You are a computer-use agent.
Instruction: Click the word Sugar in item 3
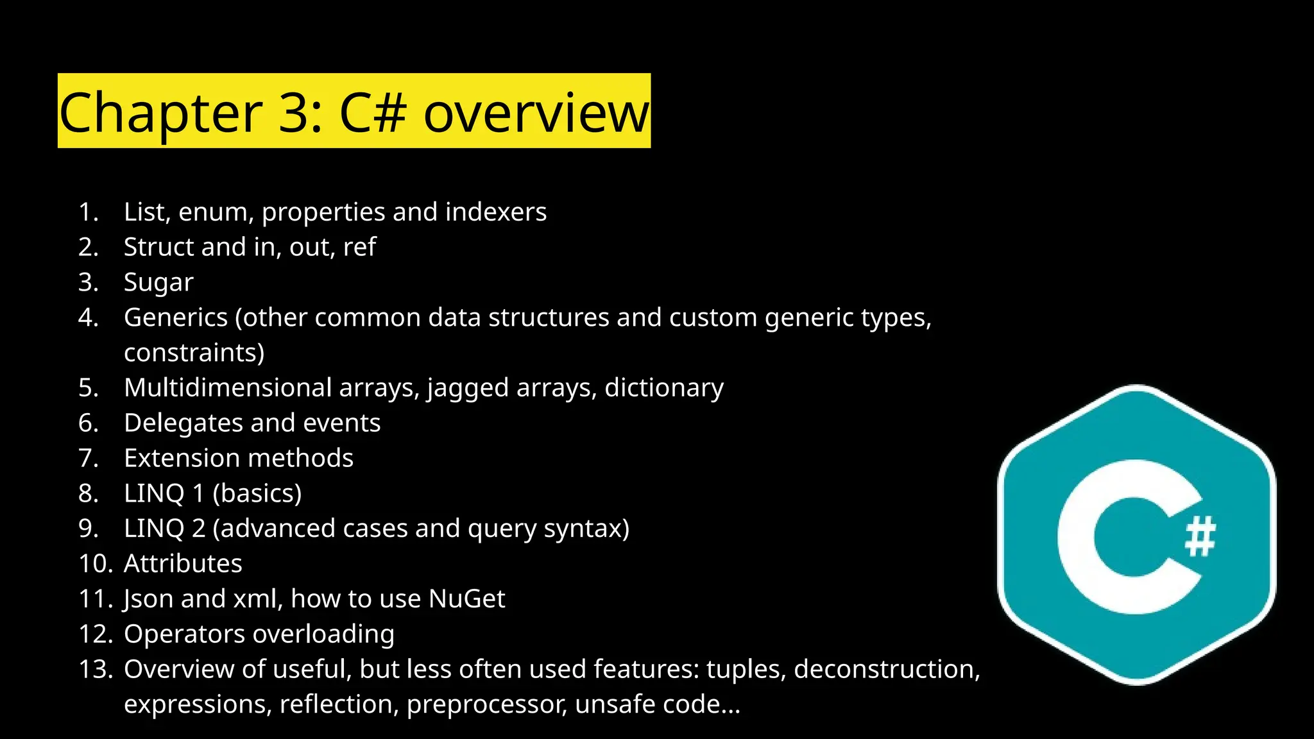point(158,283)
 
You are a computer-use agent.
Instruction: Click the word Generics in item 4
point(176,318)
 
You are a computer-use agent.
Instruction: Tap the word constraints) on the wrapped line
point(194,353)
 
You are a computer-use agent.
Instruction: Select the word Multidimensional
point(228,387)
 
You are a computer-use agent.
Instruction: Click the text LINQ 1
point(164,493)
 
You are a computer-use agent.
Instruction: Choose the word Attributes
point(183,563)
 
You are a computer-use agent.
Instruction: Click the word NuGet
point(466,599)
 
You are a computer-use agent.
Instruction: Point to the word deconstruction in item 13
point(887,669)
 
